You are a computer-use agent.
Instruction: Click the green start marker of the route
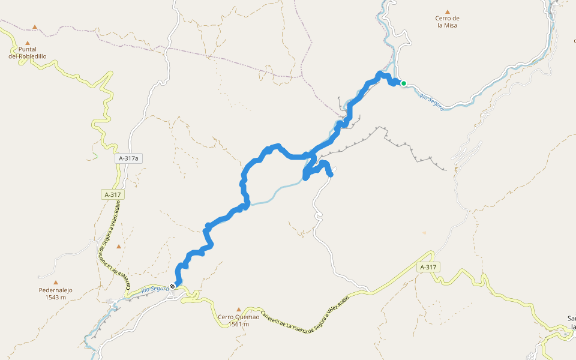(x=404, y=83)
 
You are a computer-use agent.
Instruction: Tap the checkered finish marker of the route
(x=173, y=286)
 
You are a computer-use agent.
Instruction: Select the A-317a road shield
(x=128, y=158)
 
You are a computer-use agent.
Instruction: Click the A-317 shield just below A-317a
(x=112, y=194)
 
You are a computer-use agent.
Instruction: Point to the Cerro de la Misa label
(x=448, y=22)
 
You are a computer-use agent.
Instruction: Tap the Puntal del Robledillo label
(x=27, y=52)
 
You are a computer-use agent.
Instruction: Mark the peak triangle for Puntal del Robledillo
(x=35, y=27)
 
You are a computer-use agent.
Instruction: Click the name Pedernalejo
(x=55, y=290)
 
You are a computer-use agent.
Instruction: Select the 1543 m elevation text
(x=55, y=298)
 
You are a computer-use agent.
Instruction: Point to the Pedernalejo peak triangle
(x=56, y=282)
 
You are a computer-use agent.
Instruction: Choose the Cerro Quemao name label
(x=238, y=317)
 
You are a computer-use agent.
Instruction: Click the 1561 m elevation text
(x=238, y=324)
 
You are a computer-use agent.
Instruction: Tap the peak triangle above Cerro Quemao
(x=239, y=309)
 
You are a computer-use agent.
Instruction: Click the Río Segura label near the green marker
(x=431, y=102)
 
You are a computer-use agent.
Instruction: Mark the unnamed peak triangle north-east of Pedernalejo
(x=119, y=246)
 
